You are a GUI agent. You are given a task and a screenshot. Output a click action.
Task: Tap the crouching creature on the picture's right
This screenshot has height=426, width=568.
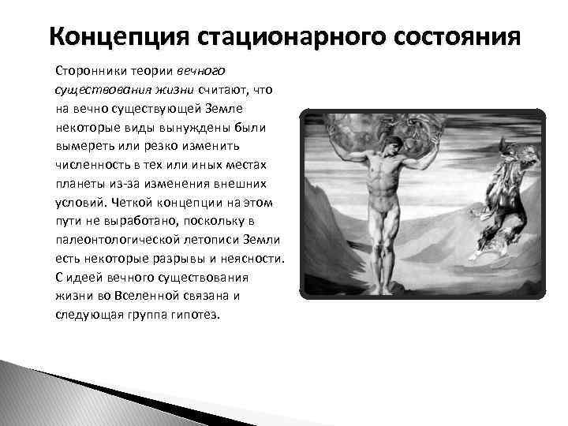[502, 197]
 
